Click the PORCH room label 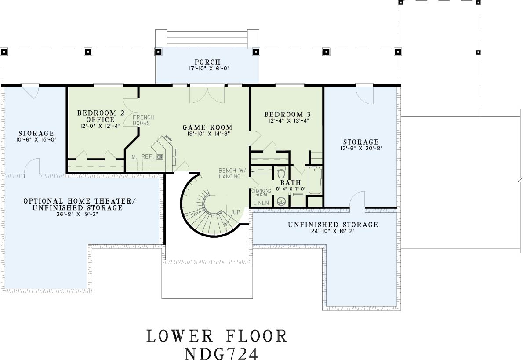[207, 62]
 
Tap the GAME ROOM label [207, 127]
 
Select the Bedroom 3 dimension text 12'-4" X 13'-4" [290, 121]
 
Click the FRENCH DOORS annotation [143, 120]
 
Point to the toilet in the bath [281, 172]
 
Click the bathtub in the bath [315, 180]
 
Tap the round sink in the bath [281, 201]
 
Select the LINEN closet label [261, 203]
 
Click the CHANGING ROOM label [261, 193]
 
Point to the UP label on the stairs [236, 212]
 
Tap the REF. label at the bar [147, 156]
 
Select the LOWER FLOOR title [217, 336]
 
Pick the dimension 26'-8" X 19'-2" [77, 214]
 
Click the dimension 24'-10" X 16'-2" [333, 231]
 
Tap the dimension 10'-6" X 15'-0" [36, 139]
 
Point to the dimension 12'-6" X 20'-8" [361, 148]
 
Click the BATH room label [291, 183]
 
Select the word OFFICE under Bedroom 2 [100, 120]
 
